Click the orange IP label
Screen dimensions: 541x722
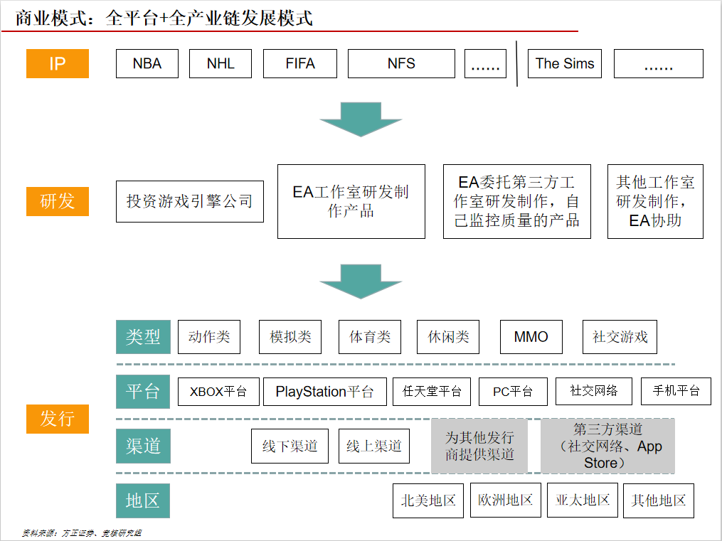click(58, 63)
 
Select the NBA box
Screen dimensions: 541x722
click(147, 63)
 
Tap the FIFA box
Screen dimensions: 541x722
click(300, 63)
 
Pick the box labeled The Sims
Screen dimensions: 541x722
click(565, 63)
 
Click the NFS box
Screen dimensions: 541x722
click(401, 63)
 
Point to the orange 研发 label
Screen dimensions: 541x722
click(58, 201)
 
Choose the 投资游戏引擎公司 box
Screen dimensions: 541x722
click(190, 201)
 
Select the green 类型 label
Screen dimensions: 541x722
click(143, 337)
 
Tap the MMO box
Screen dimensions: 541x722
click(531, 337)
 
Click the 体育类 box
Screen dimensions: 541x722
click(370, 337)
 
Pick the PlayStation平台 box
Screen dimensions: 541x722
click(325, 392)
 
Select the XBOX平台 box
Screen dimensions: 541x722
click(218, 392)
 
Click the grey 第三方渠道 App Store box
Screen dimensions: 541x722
click(607, 446)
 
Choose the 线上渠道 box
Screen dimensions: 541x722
click(374, 446)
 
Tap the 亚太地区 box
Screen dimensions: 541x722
click(583, 500)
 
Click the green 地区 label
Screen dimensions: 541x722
click(143, 500)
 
